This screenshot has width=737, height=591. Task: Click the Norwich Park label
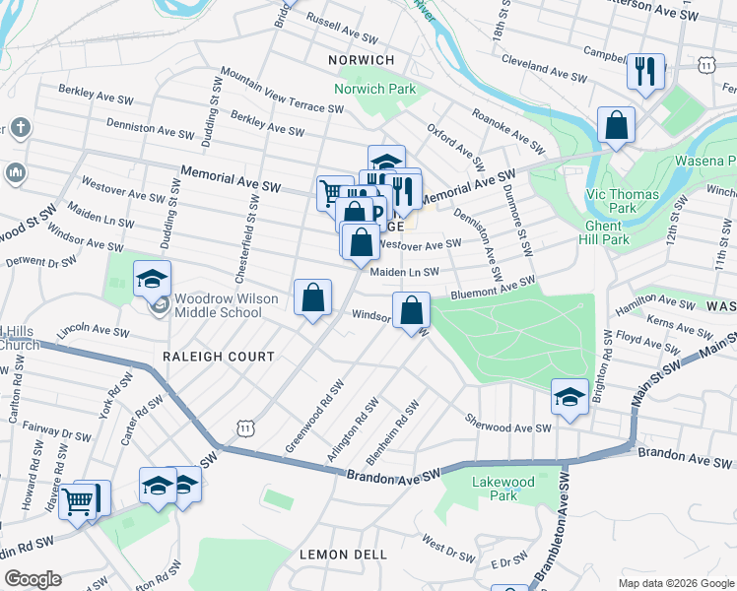(374, 89)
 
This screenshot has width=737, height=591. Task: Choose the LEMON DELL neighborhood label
(343, 555)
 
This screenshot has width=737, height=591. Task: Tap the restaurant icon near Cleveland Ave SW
(645, 71)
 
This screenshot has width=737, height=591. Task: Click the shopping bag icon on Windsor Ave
(411, 310)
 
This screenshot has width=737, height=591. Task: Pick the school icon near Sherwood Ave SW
(569, 397)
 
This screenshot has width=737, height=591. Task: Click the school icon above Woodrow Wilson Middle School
(152, 280)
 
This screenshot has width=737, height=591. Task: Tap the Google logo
(33, 579)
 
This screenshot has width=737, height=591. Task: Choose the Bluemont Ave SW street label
(493, 288)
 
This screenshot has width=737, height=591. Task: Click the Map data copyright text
(675, 583)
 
